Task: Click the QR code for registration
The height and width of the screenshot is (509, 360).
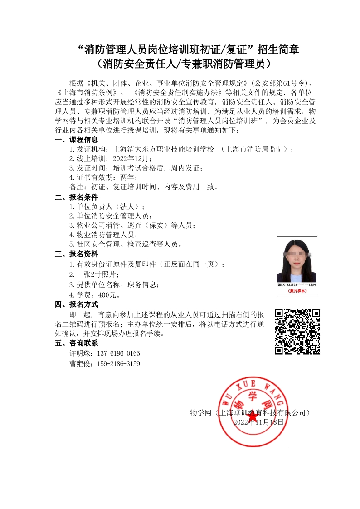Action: (x=297, y=332)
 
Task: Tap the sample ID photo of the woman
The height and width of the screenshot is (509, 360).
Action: (x=297, y=260)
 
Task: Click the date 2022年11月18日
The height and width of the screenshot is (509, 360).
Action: (x=258, y=421)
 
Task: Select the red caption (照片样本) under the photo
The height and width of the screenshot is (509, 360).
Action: (x=297, y=290)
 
